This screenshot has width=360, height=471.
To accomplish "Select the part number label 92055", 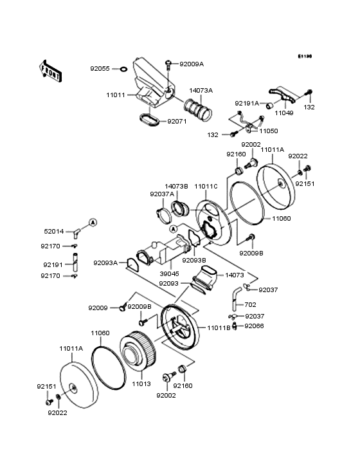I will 100,68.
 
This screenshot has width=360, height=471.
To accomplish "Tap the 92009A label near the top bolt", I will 191,64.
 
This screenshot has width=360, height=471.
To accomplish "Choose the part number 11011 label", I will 116,95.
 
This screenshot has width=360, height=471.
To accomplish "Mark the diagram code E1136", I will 304,57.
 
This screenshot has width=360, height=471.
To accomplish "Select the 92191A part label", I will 246,103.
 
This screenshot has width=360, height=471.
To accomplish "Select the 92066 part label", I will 254,326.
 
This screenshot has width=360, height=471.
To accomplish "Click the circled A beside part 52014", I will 92,222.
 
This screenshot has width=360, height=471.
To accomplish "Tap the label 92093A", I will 105,263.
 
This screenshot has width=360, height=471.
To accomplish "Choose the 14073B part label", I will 176,186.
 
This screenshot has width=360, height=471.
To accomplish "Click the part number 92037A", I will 162,194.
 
